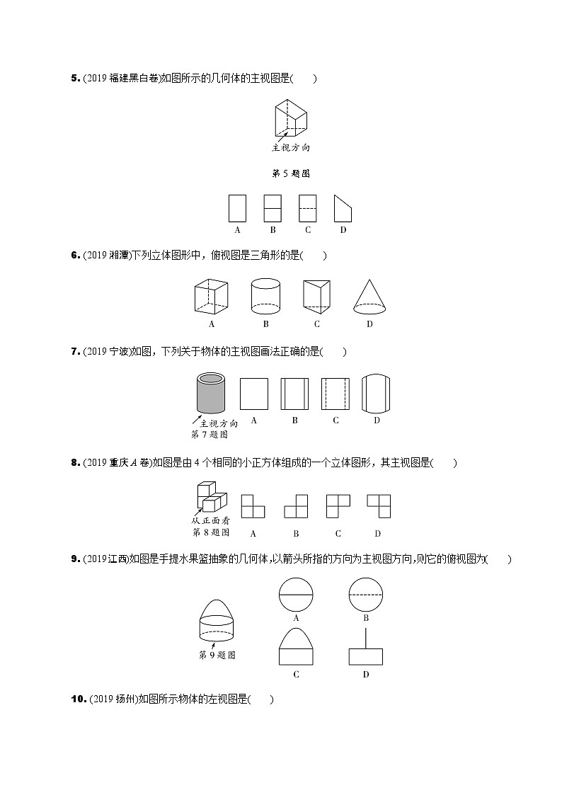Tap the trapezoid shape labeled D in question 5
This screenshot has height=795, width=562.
(x=343, y=209)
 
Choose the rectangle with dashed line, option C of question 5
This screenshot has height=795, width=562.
(x=306, y=209)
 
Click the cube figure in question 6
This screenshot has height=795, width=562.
(x=211, y=297)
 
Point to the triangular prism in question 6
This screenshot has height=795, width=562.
(x=316, y=297)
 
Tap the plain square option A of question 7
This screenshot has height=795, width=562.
(x=253, y=393)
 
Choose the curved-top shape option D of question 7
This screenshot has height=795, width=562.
(x=377, y=393)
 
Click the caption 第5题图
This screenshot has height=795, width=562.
(x=291, y=173)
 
